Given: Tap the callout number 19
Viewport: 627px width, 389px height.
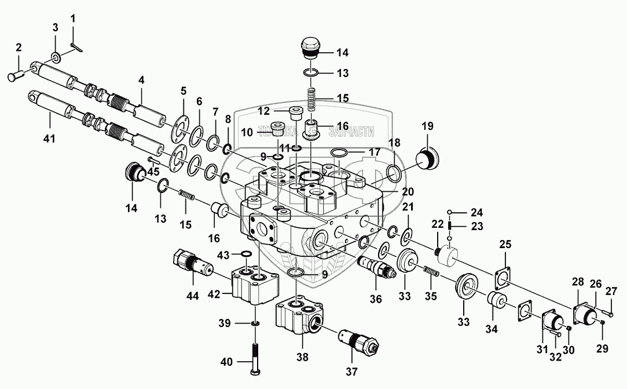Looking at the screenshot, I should [x=427, y=126].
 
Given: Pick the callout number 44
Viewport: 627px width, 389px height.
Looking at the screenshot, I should [x=193, y=296].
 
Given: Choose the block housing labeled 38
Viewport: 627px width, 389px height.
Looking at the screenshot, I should [x=301, y=318].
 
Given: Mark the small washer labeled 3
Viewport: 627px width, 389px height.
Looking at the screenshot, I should [x=56, y=57].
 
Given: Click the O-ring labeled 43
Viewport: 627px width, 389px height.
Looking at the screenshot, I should [x=245, y=254].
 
